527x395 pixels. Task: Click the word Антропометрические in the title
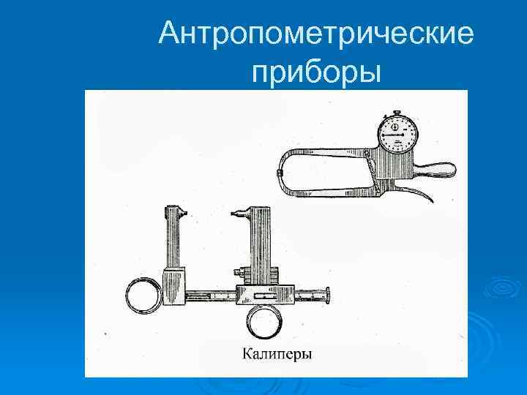pyautogui.click(x=317, y=33)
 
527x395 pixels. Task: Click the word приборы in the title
pyautogui.click(x=315, y=72)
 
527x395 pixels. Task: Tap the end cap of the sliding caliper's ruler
pyautogui.click(x=328, y=296)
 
